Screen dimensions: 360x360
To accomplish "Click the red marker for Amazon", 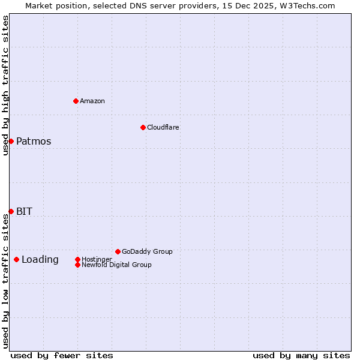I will point(76,101).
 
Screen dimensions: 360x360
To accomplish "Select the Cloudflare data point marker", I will point(143,127).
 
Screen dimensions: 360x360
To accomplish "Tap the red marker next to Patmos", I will point(11,141).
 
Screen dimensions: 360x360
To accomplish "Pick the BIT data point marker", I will point(11,211).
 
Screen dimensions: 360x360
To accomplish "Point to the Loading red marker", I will point(16,259).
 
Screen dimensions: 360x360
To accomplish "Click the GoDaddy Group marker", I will point(118,251).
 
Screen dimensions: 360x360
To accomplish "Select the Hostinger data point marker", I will point(77,259).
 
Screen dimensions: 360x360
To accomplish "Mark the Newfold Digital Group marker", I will point(77,265).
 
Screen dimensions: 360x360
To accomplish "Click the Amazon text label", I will point(92,101).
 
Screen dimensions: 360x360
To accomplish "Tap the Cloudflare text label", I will point(163,127).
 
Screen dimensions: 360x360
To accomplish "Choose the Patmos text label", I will point(34,142).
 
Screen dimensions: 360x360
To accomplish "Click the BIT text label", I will point(25,211).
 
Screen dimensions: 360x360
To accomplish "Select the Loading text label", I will point(40,259).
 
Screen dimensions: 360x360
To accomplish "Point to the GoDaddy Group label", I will point(147,251).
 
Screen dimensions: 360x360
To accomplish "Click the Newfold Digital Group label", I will point(116,265).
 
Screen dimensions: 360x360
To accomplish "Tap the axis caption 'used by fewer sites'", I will point(62,355).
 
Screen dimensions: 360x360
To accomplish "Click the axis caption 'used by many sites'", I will point(301,355).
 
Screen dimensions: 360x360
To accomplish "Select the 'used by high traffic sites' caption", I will point(6,85).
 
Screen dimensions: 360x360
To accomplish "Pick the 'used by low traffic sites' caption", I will point(6,281).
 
